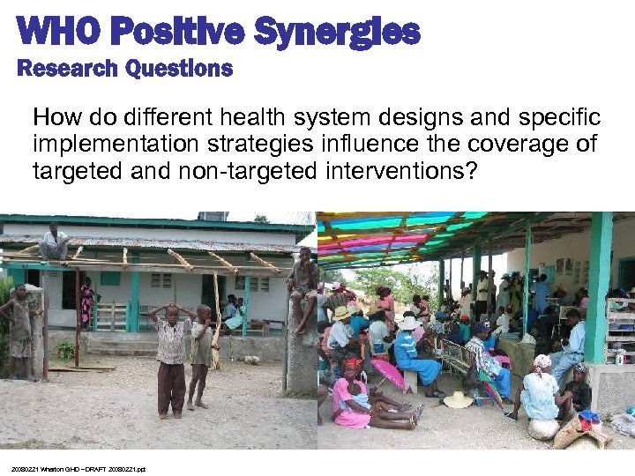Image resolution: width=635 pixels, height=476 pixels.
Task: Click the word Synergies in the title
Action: [x=338, y=33]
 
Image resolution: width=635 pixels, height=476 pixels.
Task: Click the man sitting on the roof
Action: [x=55, y=242]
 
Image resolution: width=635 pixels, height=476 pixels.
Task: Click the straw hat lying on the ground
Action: [x=458, y=400]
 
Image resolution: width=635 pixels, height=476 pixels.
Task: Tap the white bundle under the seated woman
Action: [x=543, y=428]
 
